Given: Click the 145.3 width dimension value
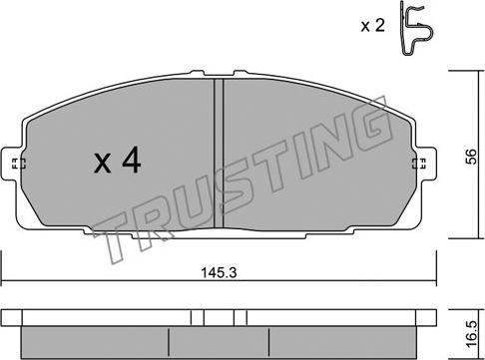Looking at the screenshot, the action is click(x=219, y=273).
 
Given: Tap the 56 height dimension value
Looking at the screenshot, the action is click(x=471, y=157).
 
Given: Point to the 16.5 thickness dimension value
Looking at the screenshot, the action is click(x=471, y=334).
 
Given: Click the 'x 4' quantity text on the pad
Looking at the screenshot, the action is click(x=117, y=161).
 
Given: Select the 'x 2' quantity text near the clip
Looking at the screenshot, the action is click(x=373, y=25).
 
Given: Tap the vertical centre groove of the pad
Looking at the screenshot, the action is click(x=219, y=154).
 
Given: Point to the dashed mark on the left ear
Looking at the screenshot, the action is click(x=19, y=164).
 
